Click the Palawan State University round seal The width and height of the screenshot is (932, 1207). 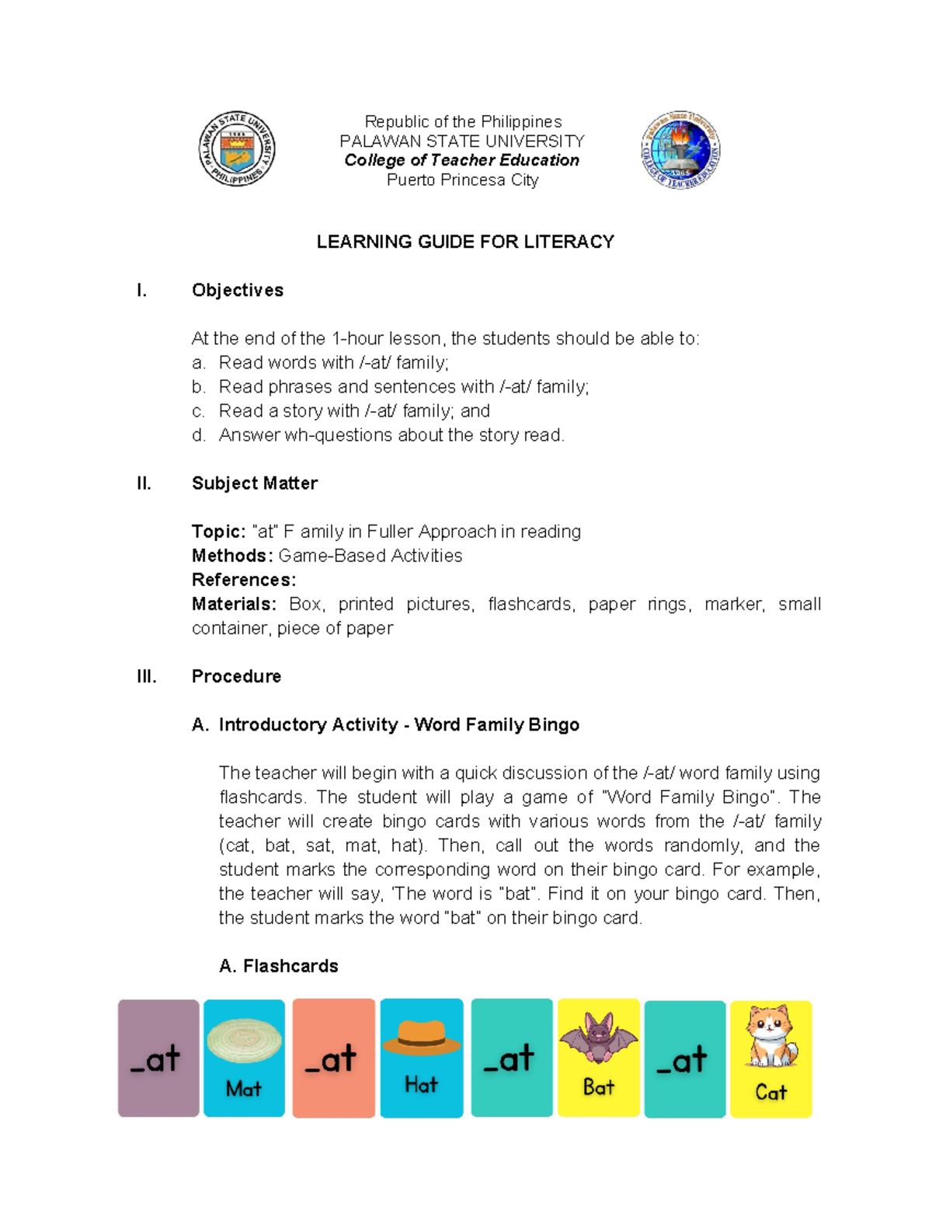[x=237, y=148]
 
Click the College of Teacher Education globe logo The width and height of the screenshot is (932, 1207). [x=681, y=149]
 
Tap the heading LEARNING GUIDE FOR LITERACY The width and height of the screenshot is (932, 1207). [x=465, y=242]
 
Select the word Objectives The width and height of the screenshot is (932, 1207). [x=238, y=290]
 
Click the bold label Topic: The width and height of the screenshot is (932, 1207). [x=218, y=532]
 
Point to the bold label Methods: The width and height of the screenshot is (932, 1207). [x=232, y=556]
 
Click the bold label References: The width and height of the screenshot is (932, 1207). [x=244, y=580]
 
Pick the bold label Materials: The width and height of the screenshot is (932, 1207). [x=234, y=604]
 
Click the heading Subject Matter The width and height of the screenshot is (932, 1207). [x=255, y=483]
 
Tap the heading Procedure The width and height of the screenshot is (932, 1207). [x=236, y=676]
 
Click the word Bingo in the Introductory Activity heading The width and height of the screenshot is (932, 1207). [x=553, y=724]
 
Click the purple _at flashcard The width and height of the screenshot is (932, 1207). [x=158, y=1058]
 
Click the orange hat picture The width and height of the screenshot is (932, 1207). [x=422, y=1038]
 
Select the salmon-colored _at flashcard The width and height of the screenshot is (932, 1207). [x=334, y=1058]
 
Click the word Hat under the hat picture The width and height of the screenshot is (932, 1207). [x=422, y=1085]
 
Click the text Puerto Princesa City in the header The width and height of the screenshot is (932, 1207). [x=463, y=180]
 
